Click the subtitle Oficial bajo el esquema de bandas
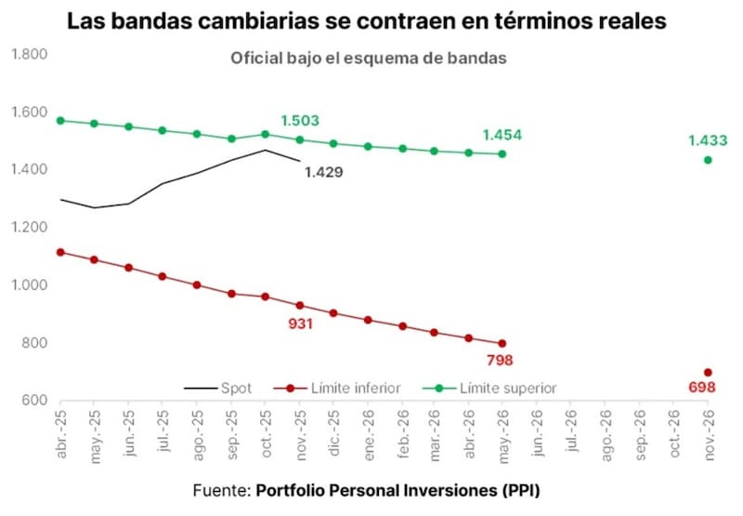368,58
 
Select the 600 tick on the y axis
35,401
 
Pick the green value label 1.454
502,135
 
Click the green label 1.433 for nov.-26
707,140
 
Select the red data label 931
299,324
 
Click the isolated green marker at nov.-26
708,160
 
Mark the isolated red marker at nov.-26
708,373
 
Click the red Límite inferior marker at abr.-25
60,252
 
